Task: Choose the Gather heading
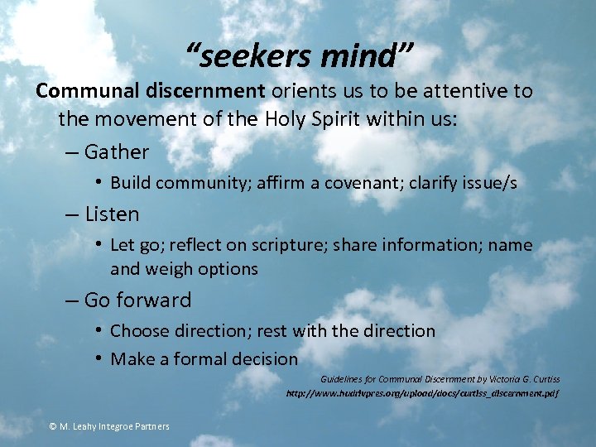pyautogui.click(x=117, y=152)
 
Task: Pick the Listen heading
pyautogui.click(x=113, y=214)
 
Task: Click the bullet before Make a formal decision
pyautogui.click(x=99, y=358)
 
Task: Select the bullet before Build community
pyautogui.click(x=99, y=182)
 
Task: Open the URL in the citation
pyautogui.click(x=422, y=393)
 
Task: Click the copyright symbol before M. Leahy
pyautogui.click(x=53, y=426)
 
